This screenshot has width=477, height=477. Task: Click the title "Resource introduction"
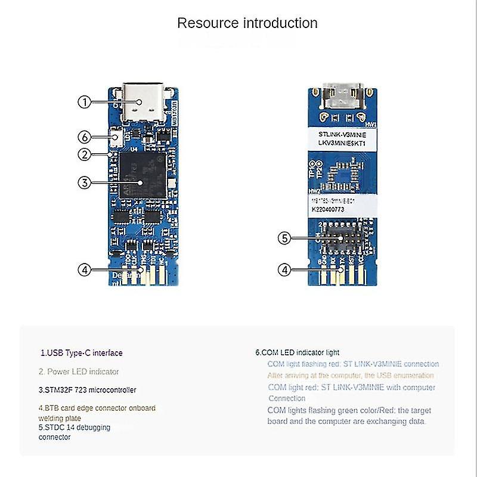(x=247, y=24)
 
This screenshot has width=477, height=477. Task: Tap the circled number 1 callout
(x=85, y=102)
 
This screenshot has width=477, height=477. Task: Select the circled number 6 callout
(x=85, y=138)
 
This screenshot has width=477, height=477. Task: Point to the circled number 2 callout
(x=85, y=154)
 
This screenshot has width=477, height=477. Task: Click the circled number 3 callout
(x=85, y=183)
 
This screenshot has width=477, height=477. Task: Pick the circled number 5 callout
(x=286, y=238)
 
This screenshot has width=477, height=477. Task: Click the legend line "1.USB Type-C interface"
(x=81, y=353)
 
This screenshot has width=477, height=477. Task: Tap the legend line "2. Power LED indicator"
(x=79, y=371)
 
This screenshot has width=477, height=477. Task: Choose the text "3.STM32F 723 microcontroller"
(x=87, y=390)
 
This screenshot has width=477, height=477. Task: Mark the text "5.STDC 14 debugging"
(x=75, y=428)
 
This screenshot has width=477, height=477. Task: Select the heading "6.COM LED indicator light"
(x=297, y=352)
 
